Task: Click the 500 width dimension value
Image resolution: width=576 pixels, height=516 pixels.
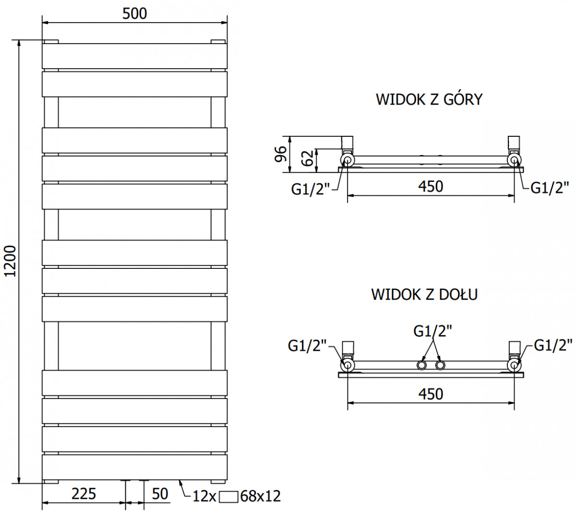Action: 134,13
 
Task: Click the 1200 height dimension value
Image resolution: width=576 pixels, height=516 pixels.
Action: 10,261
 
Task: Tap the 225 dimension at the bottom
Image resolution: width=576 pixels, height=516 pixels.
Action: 84,493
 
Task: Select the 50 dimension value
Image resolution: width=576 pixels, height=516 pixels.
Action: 160,493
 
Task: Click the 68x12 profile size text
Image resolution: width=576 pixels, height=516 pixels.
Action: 261,496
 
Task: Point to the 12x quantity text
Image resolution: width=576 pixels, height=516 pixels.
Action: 204,496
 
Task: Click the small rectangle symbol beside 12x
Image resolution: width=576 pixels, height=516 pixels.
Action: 228,496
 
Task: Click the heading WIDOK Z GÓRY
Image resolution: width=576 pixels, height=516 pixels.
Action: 429,99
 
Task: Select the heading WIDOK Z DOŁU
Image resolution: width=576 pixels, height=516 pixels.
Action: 424,294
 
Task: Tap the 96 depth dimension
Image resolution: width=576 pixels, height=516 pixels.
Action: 280,154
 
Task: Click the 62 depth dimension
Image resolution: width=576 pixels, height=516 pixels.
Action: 307,158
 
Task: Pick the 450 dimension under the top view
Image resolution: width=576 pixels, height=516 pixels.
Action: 431,187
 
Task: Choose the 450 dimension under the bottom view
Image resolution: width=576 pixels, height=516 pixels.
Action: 431,394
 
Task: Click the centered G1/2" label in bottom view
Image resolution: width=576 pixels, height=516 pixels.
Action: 432,331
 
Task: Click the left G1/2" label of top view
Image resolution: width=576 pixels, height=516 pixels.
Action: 311,189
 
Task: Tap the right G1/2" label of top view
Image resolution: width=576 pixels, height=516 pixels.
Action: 550,188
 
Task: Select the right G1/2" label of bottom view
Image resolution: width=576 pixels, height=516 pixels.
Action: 553,346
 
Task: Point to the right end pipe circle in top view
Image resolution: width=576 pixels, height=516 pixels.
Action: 514,160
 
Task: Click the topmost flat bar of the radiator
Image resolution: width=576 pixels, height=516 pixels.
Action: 134,56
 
